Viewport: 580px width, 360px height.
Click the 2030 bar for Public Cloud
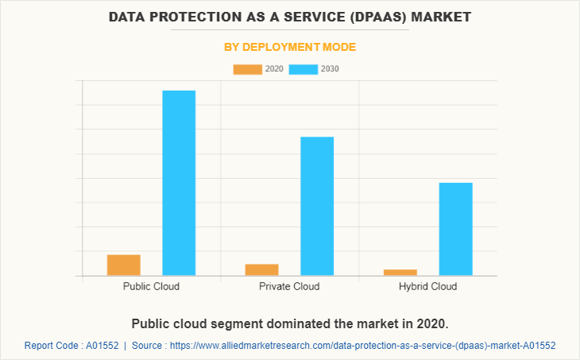179,183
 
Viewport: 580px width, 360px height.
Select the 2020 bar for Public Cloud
124,265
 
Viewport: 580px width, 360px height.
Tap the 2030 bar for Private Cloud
317,206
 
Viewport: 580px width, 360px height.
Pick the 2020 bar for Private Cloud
261,269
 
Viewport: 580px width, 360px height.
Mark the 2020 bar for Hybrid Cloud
400,273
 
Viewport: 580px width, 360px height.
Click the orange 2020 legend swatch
247,69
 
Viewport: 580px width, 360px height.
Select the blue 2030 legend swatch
303,69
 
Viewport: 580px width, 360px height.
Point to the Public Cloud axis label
151,286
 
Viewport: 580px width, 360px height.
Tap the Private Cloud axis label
289,286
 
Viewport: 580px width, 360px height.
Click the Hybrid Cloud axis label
427,286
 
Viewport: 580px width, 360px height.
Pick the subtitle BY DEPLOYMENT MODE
289,48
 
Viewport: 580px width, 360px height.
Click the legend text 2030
330,69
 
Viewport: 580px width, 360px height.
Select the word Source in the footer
148,346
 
